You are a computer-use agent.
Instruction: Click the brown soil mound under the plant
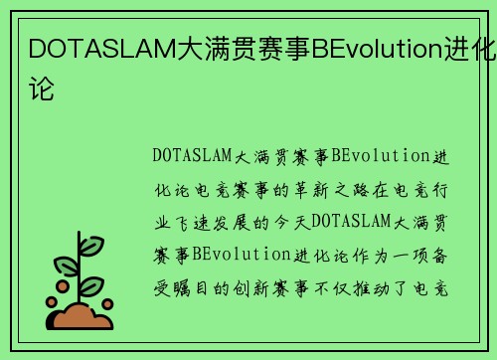pos(82,317)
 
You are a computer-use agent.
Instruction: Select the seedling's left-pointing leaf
pos(66,266)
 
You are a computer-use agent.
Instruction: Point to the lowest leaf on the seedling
pos(92,287)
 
